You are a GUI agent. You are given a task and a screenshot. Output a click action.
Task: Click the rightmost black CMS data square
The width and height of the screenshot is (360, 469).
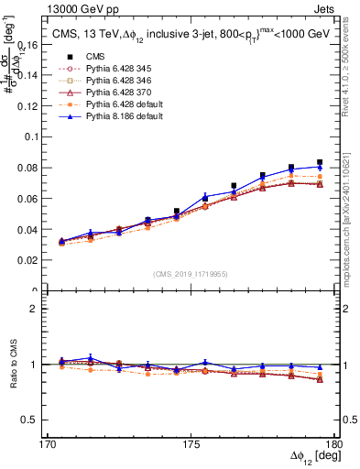[320, 162]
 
